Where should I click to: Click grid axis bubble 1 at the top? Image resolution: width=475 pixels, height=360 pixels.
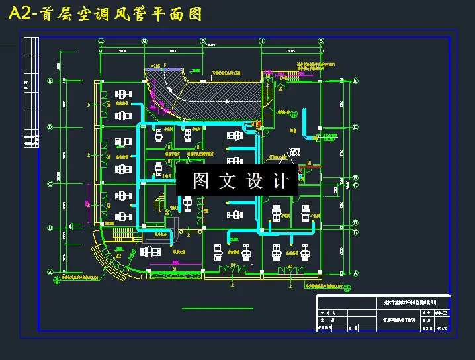click(x=101, y=41)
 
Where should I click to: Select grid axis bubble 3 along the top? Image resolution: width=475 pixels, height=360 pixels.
click(x=203, y=41)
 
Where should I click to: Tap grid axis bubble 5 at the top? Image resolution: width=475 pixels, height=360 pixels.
click(x=320, y=41)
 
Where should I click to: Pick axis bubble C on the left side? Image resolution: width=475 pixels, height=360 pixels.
click(x=50, y=177)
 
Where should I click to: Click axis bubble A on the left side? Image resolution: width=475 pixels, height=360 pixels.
click(x=50, y=272)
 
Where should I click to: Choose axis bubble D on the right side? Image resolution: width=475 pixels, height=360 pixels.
click(x=356, y=126)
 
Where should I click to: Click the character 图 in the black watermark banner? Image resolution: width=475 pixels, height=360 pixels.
click(x=201, y=181)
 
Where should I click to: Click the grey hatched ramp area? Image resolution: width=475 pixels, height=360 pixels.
click(x=218, y=93)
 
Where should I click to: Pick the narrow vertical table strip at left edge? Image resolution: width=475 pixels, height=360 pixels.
click(x=30, y=93)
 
